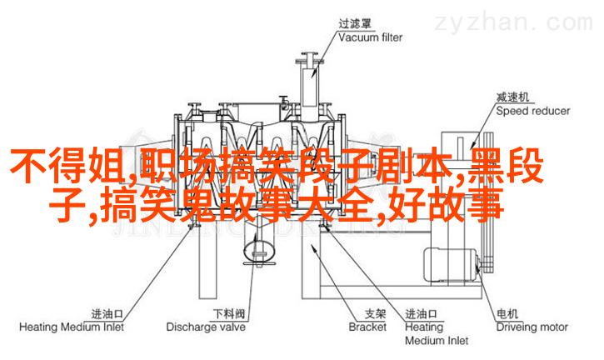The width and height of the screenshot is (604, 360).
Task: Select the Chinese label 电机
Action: [x=508, y=314]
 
